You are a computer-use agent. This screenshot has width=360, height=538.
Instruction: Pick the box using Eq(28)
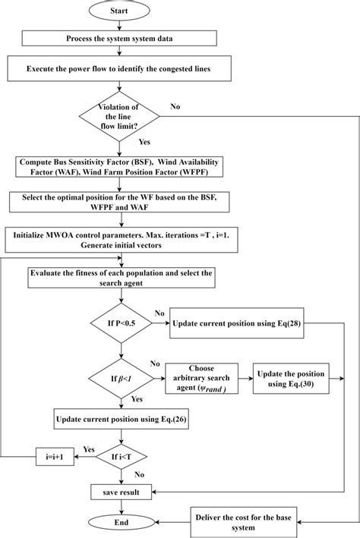click(x=235, y=324)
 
